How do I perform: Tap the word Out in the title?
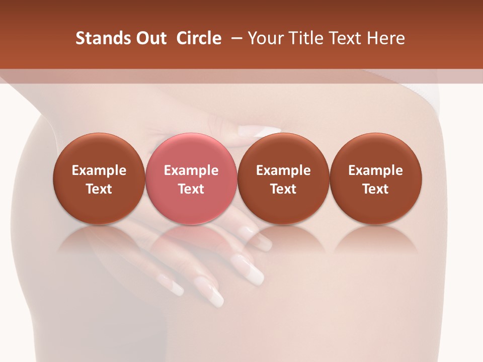(x=149, y=38)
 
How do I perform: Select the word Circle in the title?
(x=199, y=38)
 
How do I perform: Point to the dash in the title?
(x=234, y=38)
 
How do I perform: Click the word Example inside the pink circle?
(x=191, y=170)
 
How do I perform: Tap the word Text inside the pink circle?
(x=191, y=189)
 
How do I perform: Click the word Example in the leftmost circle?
(x=99, y=170)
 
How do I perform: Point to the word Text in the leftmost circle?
(x=99, y=189)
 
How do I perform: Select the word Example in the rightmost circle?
(x=375, y=170)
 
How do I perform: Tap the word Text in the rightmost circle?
(x=375, y=189)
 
